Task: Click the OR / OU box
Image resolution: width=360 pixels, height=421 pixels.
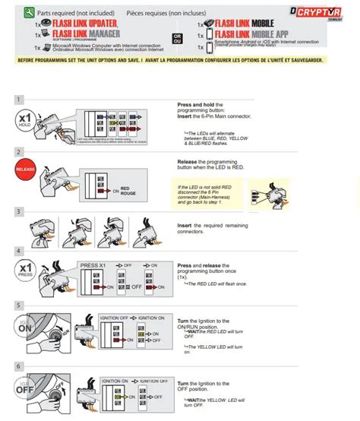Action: (177, 37)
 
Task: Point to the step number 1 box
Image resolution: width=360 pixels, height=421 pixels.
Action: (20, 100)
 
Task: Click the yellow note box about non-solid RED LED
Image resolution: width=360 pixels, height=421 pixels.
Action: (216, 193)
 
